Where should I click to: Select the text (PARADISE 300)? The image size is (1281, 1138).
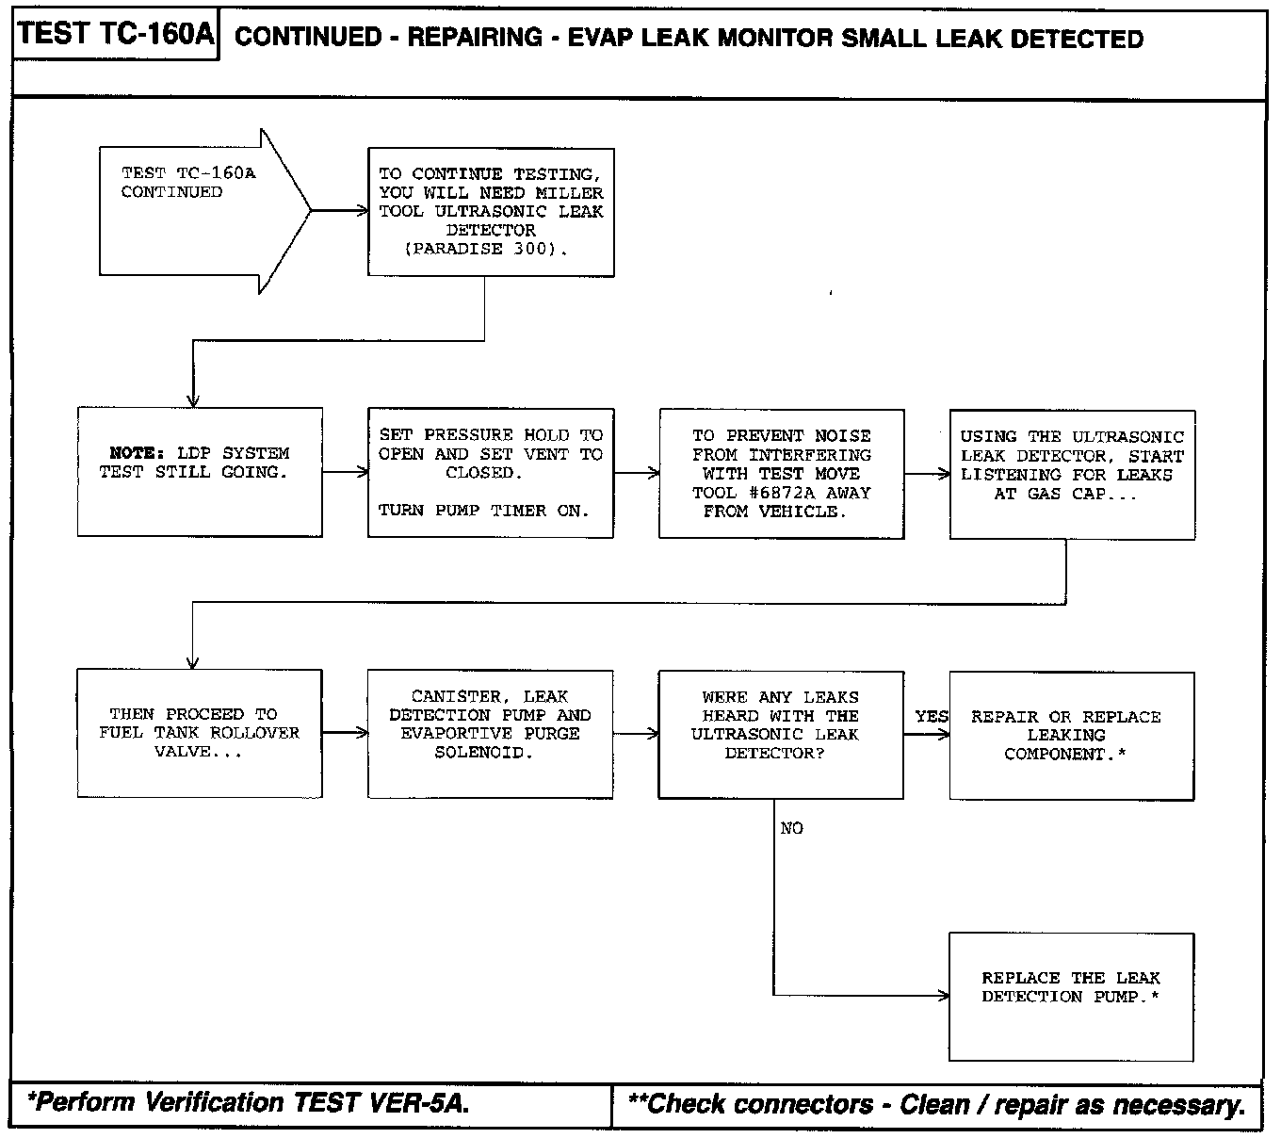coord(486,249)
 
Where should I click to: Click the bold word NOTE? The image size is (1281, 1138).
coord(138,453)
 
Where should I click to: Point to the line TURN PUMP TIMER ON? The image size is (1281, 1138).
coord(483,511)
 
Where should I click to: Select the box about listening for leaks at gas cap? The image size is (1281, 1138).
coord(1072,474)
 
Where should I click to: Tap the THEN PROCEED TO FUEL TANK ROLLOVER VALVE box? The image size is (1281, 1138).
coord(200,733)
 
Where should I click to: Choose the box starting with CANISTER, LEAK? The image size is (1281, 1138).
coord(490,734)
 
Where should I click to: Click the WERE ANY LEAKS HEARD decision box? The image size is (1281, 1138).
coord(781,734)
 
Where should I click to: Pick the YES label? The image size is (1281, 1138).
coord(932,717)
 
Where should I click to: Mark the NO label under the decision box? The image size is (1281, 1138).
coord(792,829)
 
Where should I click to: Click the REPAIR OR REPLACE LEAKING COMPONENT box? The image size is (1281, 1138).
coord(1071,735)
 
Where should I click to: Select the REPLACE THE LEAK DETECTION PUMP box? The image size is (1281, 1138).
coord(1071,996)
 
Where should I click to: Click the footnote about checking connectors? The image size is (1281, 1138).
coord(936,1104)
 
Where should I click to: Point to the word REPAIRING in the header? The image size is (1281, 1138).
coord(475,38)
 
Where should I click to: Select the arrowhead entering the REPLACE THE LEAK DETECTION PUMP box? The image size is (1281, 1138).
coord(943,996)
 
